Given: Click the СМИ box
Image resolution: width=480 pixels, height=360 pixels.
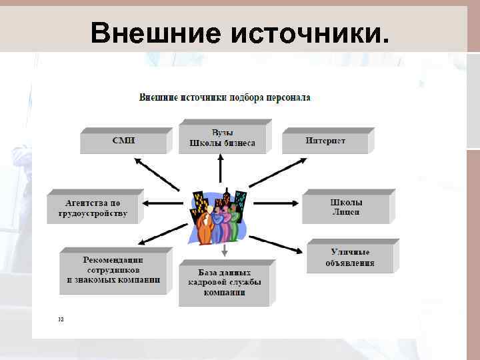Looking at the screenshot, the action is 123,141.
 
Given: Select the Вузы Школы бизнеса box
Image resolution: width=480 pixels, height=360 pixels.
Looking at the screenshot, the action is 222,139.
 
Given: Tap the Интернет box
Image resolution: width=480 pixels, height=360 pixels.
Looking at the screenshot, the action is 325,141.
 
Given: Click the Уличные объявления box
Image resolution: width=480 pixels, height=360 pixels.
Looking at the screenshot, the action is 349,257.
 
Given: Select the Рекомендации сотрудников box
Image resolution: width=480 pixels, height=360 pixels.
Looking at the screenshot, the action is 113,270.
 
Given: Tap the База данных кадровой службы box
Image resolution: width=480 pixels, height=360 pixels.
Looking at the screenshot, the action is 224,283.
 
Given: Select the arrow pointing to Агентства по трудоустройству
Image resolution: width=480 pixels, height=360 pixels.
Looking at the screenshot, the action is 163,203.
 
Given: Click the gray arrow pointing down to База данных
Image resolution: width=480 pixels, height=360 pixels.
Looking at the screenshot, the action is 225,250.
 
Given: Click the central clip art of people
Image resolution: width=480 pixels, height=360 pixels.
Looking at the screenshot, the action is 219,216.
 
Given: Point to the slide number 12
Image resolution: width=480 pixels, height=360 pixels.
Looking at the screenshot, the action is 61,319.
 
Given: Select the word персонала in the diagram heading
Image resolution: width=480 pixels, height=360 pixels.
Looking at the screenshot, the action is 288,97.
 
